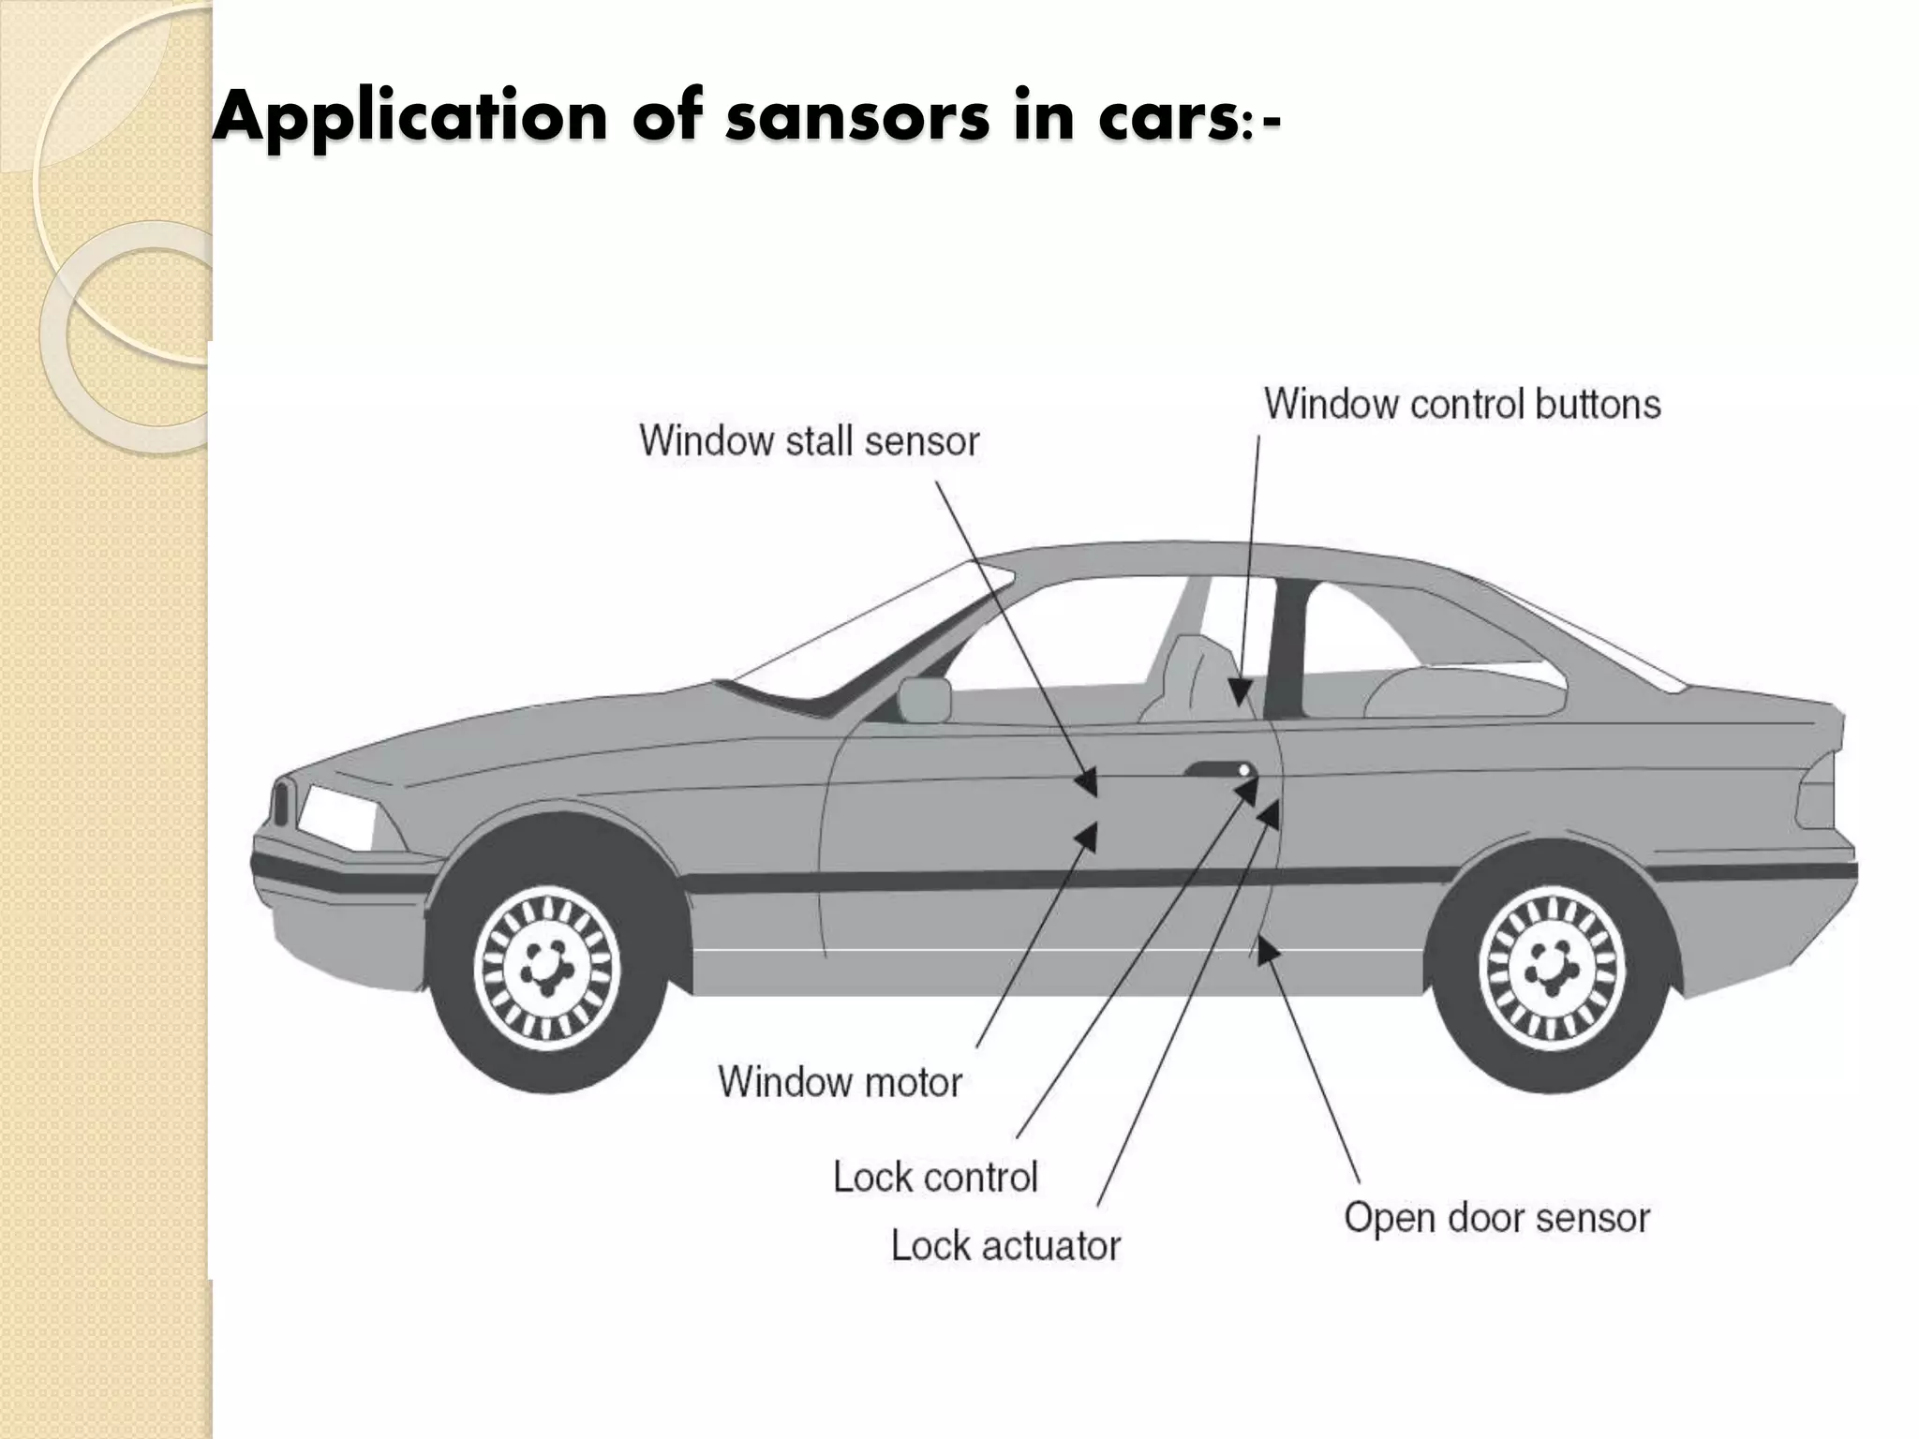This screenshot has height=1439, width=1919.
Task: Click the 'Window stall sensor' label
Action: pyautogui.click(x=809, y=441)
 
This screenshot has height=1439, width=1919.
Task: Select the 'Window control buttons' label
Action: pyautogui.click(x=1462, y=405)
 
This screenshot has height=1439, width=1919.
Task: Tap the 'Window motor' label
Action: pyautogui.click(x=840, y=1082)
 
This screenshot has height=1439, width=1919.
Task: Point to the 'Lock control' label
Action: pyautogui.click(x=935, y=1178)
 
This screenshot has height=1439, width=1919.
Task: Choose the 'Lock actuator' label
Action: pyautogui.click(x=1005, y=1246)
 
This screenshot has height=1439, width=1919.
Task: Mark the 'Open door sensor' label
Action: pyautogui.click(x=1496, y=1218)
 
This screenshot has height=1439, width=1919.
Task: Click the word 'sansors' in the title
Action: pyautogui.click(x=856, y=119)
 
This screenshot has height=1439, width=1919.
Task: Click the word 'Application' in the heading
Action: pyautogui.click(x=410, y=119)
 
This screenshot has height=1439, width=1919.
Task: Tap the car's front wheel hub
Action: pyautogui.click(x=545, y=966)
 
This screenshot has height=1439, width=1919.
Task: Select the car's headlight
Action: pyautogui.click(x=335, y=816)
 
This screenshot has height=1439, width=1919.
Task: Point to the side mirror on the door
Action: pyautogui.click(x=924, y=700)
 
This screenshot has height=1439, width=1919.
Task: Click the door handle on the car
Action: pyautogui.click(x=1219, y=770)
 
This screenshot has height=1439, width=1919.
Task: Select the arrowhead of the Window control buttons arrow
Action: pyautogui.click(x=1241, y=694)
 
